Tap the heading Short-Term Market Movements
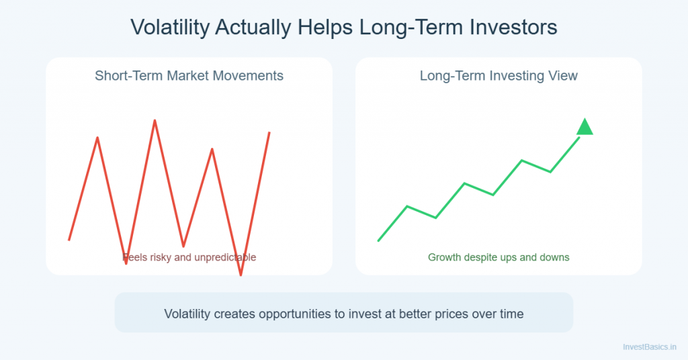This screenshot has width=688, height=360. (x=189, y=75)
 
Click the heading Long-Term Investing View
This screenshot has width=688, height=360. (x=499, y=75)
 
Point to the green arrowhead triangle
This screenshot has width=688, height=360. (x=585, y=127)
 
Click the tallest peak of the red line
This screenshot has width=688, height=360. (x=155, y=121)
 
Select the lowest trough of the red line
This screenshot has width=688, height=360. (x=241, y=274)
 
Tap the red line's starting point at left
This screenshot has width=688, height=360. (x=69, y=239)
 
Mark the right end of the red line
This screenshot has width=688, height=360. (x=269, y=132)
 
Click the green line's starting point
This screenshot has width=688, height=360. (x=379, y=240)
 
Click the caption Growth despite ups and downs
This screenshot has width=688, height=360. (x=499, y=257)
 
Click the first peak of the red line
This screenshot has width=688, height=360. (x=97, y=138)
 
